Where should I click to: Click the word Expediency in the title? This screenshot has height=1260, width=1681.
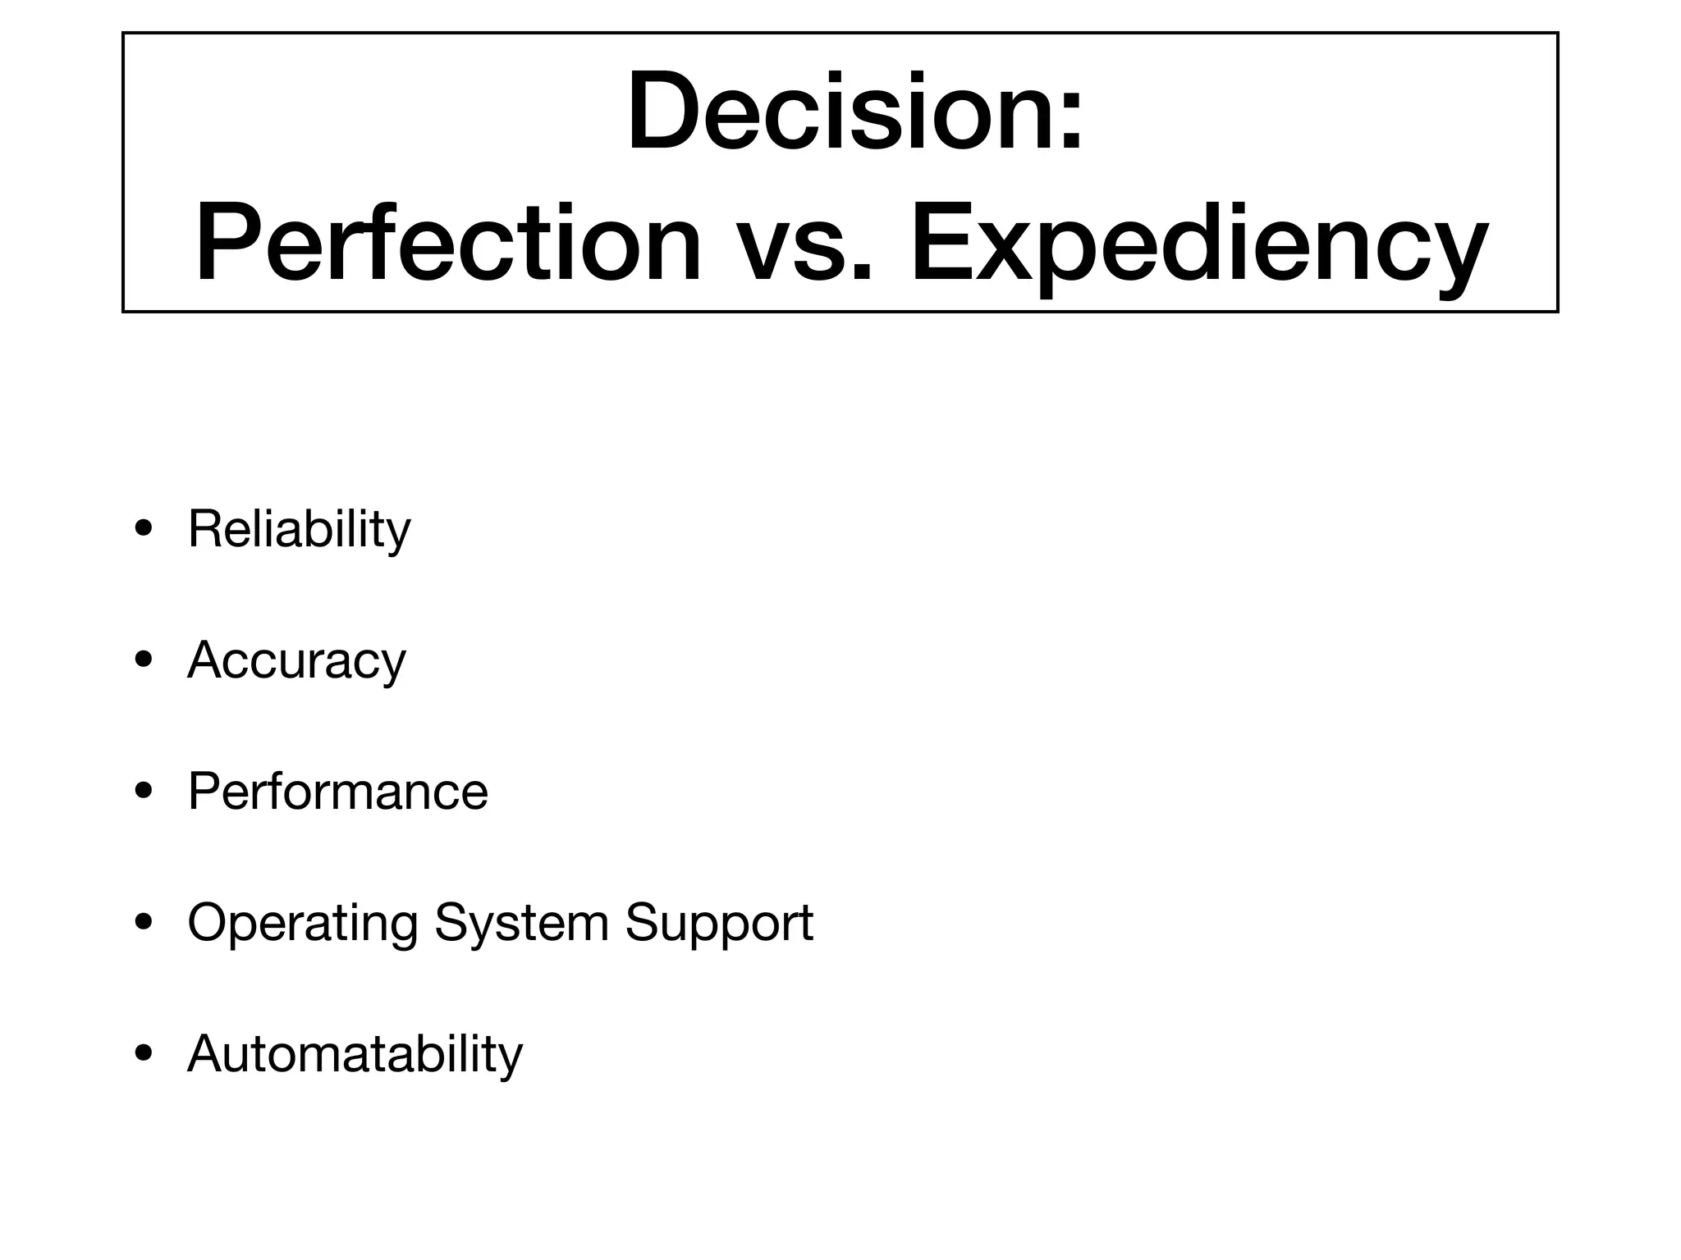coord(1199,246)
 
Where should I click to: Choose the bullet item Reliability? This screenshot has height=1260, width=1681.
coord(299,529)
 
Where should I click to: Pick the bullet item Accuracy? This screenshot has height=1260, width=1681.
coord(296,660)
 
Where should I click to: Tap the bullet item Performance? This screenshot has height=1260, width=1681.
coord(337,792)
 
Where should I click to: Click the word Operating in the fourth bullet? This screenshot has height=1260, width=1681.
coord(302,924)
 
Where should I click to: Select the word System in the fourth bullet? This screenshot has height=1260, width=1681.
coord(521,924)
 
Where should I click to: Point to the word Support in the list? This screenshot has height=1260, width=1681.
coord(719,924)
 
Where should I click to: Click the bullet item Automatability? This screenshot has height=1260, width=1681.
coord(355,1054)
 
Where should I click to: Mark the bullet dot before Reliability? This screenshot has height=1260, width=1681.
coord(144,530)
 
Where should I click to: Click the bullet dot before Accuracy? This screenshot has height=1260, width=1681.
coord(144,660)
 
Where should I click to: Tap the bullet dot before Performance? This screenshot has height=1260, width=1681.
coord(144,792)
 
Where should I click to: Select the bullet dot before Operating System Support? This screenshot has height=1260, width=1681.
coord(144,923)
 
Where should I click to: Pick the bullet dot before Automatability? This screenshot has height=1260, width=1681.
coord(144,1054)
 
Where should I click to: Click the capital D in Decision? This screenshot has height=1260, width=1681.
coord(667,112)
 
